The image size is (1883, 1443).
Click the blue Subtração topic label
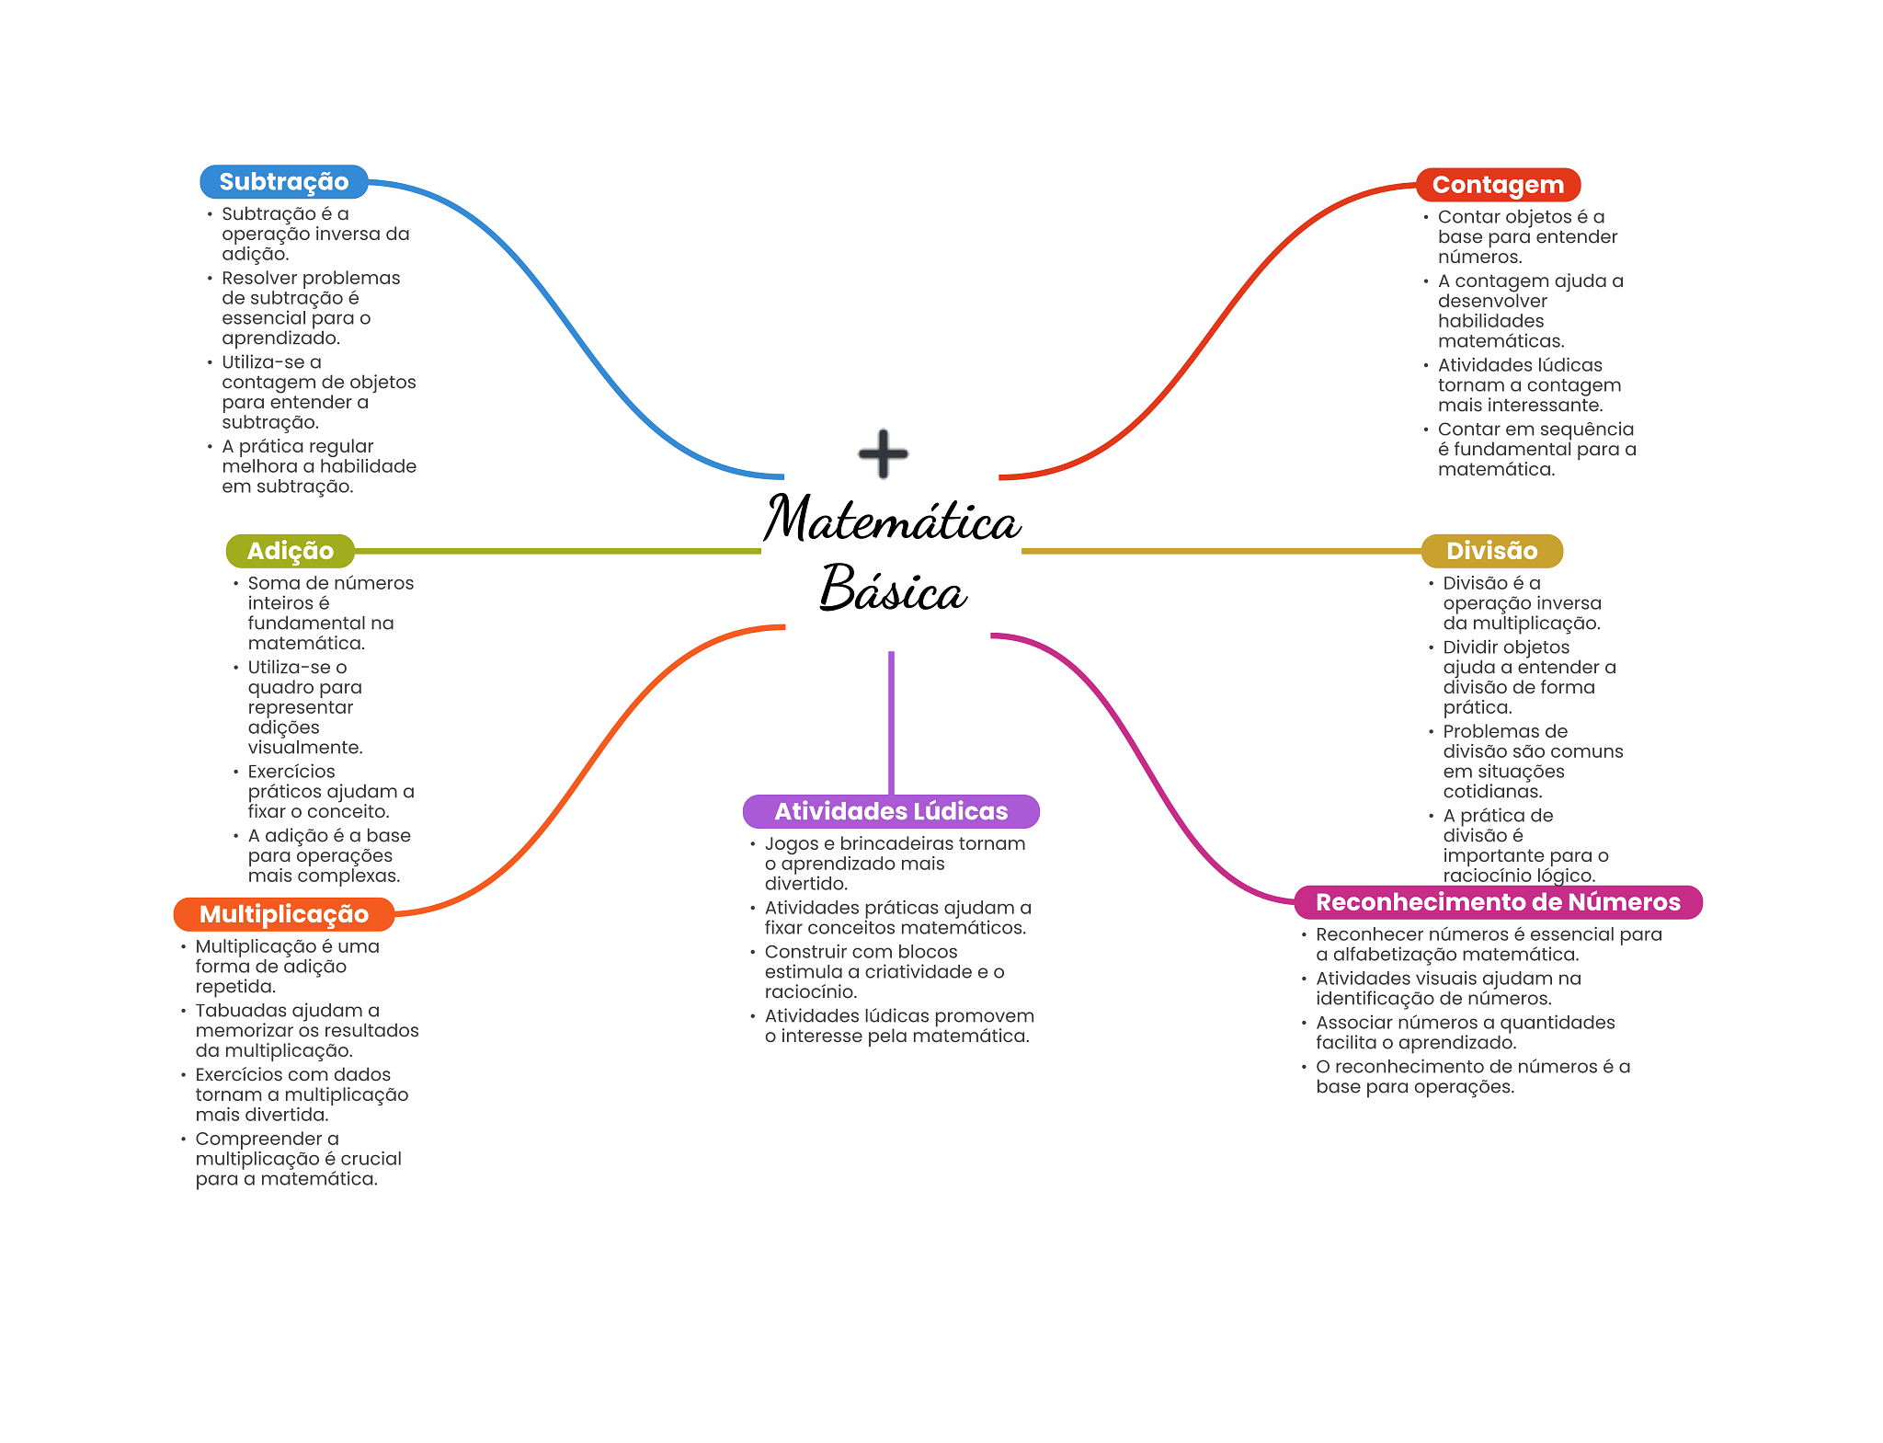[283, 182]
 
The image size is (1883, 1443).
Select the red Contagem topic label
[1498, 185]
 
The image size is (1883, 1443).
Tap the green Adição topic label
[291, 551]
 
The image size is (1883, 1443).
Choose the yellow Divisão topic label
[1491, 551]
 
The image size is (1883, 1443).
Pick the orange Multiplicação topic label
[284, 914]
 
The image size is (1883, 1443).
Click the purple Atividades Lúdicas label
[891, 811]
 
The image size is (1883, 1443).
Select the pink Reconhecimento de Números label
[1498, 902]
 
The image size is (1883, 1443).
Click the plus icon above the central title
[884, 453]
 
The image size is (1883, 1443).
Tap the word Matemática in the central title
[892, 519]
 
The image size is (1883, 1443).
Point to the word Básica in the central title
[893, 588]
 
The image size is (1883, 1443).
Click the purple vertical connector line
[891, 723]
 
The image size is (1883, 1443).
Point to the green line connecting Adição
[558, 551]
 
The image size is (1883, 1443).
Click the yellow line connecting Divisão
[1222, 551]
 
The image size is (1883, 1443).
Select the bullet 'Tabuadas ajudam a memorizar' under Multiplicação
[307, 1031]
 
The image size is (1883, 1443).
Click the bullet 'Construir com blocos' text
[884, 972]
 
